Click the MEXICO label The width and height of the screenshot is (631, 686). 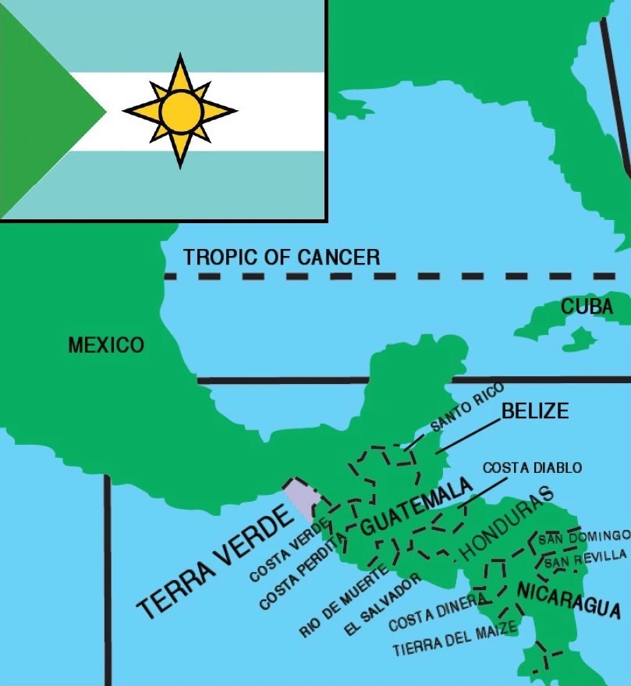point(106,345)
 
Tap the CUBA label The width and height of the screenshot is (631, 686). point(587,307)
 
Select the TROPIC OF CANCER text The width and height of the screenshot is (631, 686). point(282,257)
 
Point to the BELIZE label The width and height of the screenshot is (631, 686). point(535,411)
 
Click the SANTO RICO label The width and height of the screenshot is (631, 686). point(467,407)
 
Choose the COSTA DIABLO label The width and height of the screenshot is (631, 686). point(532,467)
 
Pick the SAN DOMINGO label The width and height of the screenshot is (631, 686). point(583,537)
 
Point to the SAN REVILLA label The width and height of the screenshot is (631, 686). point(585,558)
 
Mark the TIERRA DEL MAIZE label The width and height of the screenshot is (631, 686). point(455,638)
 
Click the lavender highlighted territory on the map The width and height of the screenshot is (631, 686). point(300,499)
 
